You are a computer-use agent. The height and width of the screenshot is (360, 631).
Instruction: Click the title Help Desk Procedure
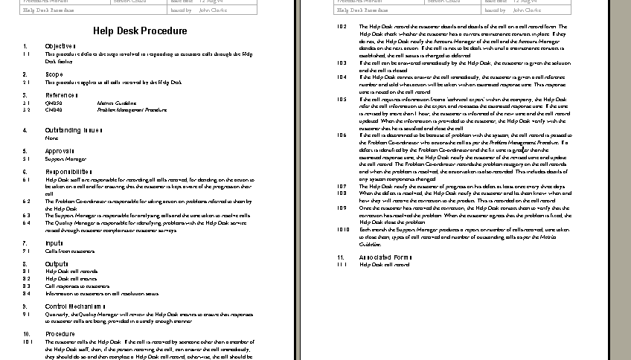pyautogui.click(x=140, y=31)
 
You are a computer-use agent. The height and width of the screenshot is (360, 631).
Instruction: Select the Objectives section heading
pyautogui.click(x=60, y=46)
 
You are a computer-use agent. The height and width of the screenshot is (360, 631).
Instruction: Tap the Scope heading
pyautogui.click(x=54, y=74)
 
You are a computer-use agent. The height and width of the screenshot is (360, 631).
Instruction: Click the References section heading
pyautogui.click(x=61, y=95)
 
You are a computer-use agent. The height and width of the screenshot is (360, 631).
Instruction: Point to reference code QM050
pyautogui.click(x=54, y=103)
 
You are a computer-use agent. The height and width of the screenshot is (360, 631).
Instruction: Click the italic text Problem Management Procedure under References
pyautogui.click(x=132, y=109)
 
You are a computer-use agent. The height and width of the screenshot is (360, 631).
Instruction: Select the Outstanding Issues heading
pyautogui.click(x=73, y=130)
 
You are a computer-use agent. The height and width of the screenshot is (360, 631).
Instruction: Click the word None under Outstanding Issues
pyautogui.click(x=51, y=138)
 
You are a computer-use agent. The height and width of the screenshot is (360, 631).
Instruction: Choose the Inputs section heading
pyautogui.click(x=54, y=242)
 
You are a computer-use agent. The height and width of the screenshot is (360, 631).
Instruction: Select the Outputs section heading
pyautogui.click(x=57, y=263)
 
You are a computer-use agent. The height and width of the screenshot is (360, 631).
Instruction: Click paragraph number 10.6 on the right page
pyautogui.click(x=342, y=135)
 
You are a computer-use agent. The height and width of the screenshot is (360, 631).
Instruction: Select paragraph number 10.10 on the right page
pyautogui.click(x=343, y=230)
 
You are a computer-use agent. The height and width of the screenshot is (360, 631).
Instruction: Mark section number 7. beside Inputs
pyautogui.click(x=25, y=242)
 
